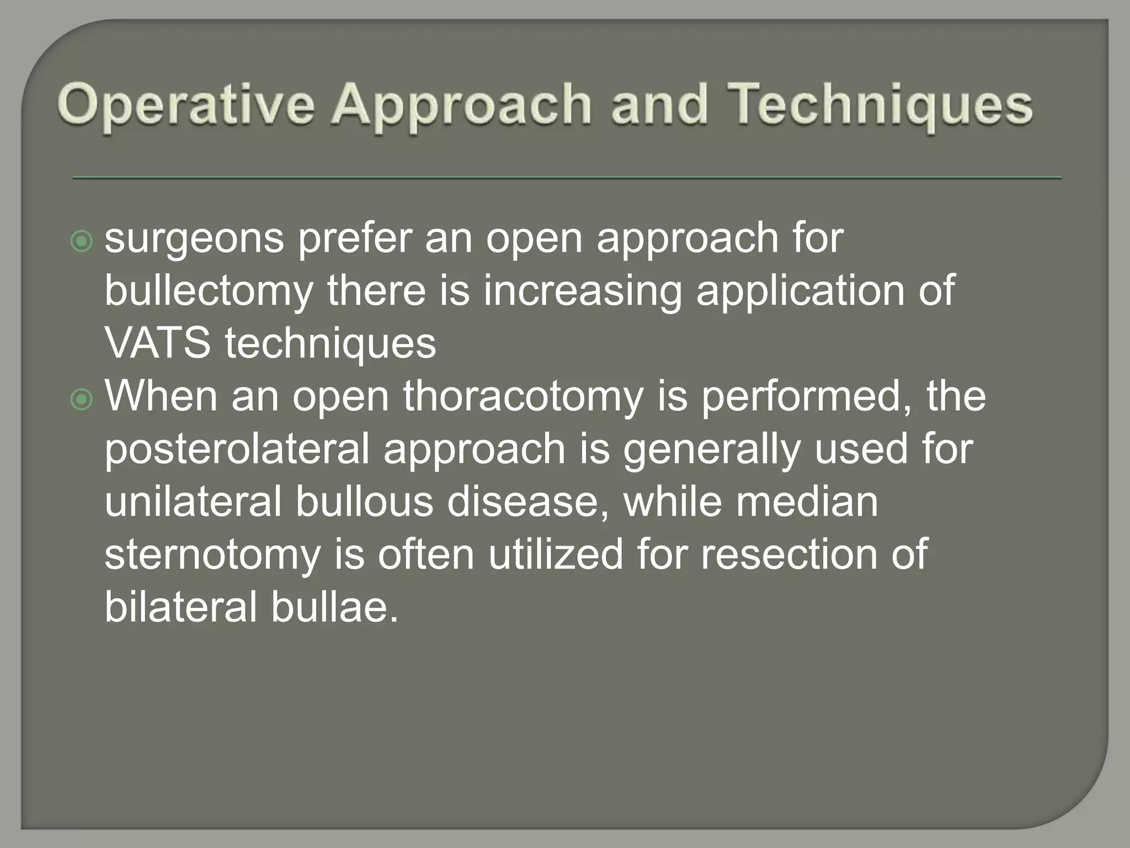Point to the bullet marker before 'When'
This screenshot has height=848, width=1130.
[x=82, y=399]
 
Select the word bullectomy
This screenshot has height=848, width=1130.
[x=209, y=293]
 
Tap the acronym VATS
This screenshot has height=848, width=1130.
[x=158, y=343]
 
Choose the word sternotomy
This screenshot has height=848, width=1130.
[x=212, y=554]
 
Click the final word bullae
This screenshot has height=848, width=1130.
[x=334, y=607]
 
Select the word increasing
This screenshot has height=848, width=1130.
[x=583, y=293]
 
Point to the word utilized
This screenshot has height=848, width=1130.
[x=556, y=554]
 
